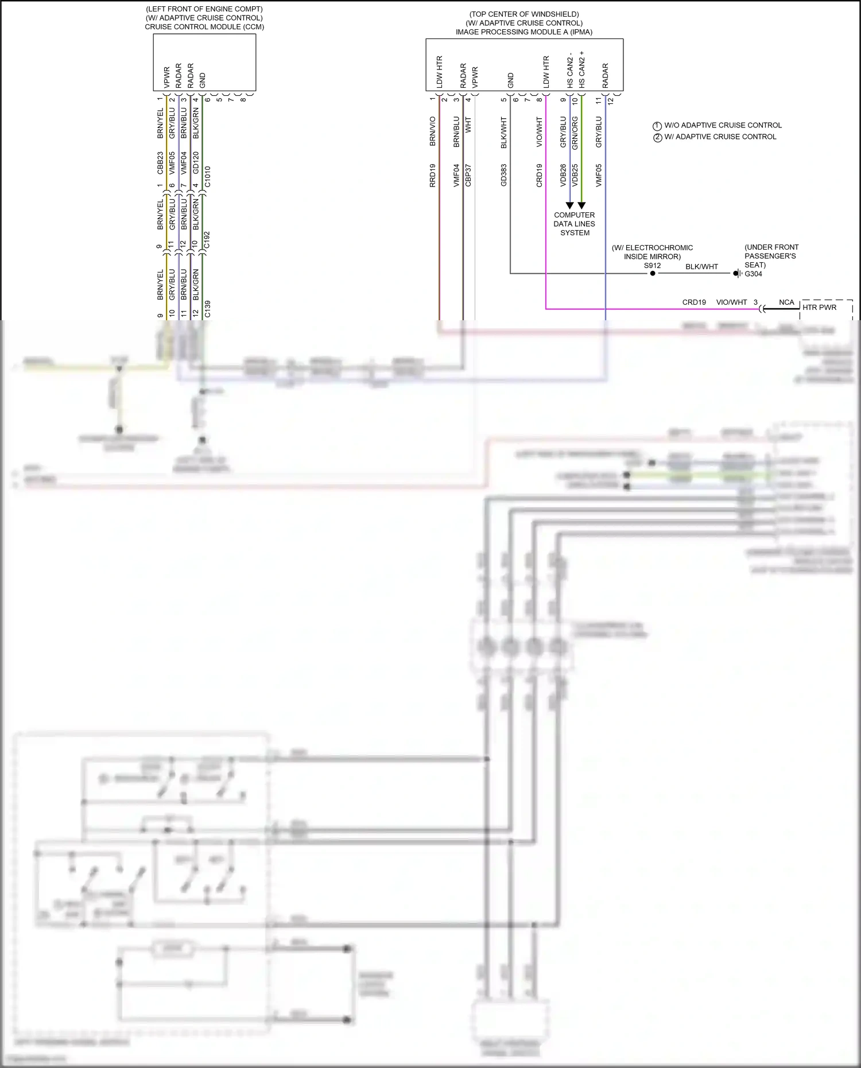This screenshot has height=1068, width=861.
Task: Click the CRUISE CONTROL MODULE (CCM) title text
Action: pos(204,27)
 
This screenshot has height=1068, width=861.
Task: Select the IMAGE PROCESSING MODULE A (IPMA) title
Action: pos(523,32)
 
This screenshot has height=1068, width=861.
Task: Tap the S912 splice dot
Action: pos(653,273)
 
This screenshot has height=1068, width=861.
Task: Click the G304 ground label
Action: pos(753,274)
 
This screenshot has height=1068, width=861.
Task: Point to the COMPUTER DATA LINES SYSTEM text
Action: pos(575,224)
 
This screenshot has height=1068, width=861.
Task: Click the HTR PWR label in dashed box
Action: pos(819,308)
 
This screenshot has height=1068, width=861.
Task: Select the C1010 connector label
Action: pos(208,177)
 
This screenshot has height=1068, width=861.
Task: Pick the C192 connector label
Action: pos(207,240)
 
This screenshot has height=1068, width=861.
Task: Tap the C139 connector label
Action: pos(208,309)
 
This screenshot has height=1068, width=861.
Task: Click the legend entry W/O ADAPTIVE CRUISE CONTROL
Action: pos(723,125)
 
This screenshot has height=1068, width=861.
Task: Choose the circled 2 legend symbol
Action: pos(658,137)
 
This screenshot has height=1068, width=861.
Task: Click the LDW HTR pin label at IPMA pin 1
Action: pos(440,72)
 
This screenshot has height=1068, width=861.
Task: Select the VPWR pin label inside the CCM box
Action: pos(167,77)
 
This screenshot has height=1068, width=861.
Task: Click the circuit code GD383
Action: pos(504,175)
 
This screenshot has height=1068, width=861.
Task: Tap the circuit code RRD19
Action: pos(433,175)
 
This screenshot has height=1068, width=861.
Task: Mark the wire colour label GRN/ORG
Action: pos(575,133)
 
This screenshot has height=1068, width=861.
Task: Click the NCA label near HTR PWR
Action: pos(786,302)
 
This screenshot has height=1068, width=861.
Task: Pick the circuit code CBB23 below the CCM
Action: pos(160,163)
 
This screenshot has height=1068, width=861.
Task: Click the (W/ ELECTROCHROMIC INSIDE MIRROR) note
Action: pos(652,252)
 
